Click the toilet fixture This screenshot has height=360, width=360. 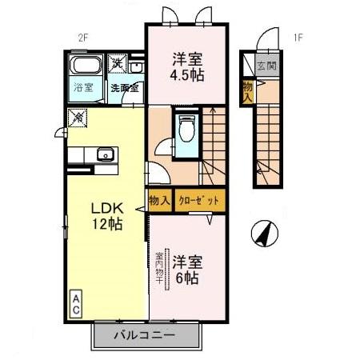click(187, 127)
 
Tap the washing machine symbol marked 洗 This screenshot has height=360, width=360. click(118, 62)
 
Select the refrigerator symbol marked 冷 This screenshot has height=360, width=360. click(78, 118)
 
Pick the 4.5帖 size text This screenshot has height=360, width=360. click(183, 78)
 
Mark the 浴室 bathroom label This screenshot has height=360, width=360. click(82, 88)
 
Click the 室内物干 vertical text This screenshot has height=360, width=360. click(158, 267)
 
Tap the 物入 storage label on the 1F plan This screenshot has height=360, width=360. click(248, 90)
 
